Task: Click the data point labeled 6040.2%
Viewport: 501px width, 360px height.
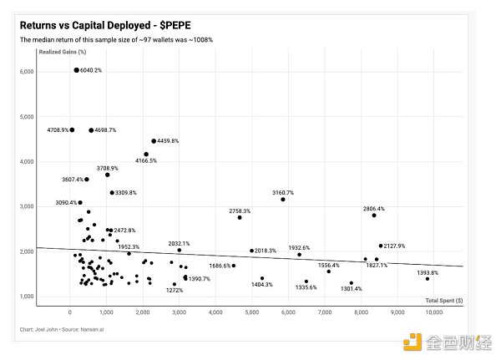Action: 76,70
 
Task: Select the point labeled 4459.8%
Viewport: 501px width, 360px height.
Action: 154,141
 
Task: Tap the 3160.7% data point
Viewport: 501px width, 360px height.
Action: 283,200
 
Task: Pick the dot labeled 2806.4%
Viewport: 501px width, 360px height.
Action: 374,215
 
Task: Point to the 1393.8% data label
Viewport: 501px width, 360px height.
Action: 428,272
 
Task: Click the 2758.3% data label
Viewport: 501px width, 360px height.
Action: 239,211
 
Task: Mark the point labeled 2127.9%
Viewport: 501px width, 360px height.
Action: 380,246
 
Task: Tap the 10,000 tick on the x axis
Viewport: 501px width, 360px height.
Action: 434,312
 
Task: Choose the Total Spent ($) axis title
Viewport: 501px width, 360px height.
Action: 444,300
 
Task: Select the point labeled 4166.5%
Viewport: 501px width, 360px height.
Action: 146,154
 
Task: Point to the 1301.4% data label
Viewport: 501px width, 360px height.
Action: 352,289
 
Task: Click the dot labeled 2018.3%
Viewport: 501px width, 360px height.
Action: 251,251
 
